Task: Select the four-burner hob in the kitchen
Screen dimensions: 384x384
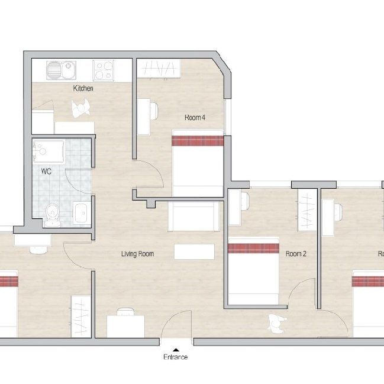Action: [x=104, y=70]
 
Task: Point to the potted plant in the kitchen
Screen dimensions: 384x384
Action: [x=80, y=108]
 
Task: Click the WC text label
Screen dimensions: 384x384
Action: [x=46, y=172]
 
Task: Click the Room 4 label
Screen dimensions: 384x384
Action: [x=195, y=118]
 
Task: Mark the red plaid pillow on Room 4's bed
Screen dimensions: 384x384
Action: [x=198, y=140]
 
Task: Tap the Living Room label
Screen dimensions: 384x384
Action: [x=137, y=254]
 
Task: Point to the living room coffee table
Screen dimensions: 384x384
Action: [x=193, y=251]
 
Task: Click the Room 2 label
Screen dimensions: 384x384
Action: [x=296, y=254]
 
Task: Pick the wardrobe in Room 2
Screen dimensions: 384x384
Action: [x=306, y=211]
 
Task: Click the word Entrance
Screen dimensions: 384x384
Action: [x=175, y=357]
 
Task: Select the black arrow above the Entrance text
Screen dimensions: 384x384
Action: [x=175, y=349]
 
